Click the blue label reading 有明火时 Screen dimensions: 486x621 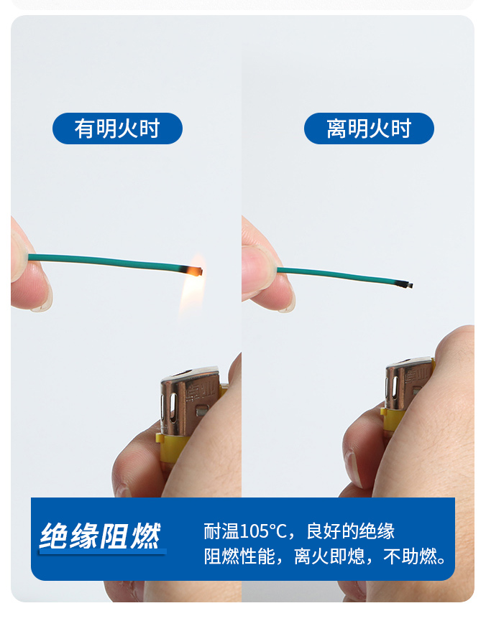[117, 129]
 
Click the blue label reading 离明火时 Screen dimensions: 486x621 [369, 129]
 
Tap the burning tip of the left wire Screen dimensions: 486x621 [197, 271]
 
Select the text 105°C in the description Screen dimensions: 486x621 [263, 531]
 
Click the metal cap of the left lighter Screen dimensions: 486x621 [190, 401]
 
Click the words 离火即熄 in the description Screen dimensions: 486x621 [329, 556]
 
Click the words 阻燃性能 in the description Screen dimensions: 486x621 [239, 556]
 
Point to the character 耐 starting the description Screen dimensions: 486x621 [213, 531]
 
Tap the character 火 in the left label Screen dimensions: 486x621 [128, 129]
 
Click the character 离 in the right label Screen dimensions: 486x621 [337, 129]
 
